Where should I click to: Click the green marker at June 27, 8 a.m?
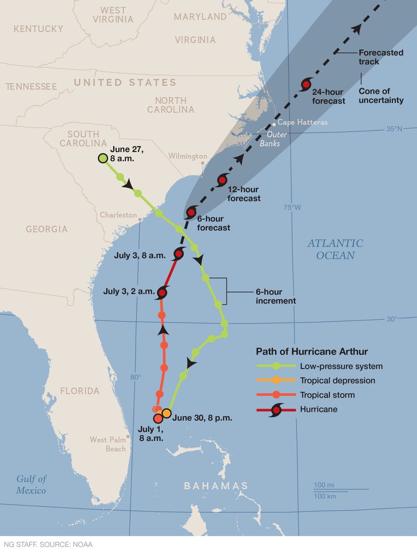click(103, 158)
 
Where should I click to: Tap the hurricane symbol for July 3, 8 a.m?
click(178, 254)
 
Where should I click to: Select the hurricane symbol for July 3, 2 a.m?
click(162, 293)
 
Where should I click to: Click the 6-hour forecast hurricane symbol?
click(191, 212)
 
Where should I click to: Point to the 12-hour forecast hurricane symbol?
click(222, 180)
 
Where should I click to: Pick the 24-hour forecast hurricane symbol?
click(306, 84)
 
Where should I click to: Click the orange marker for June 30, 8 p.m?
click(166, 413)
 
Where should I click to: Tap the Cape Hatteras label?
click(302, 122)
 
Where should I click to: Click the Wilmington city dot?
click(203, 163)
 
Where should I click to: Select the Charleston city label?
click(118, 215)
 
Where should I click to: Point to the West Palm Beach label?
click(108, 444)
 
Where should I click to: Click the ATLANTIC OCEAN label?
click(335, 249)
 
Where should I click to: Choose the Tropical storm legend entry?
click(327, 395)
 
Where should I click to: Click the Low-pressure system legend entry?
click(341, 366)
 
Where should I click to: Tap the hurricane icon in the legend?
click(276, 410)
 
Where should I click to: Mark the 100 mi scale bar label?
click(324, 485)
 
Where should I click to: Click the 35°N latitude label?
click(394, 129)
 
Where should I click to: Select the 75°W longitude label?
click(292, 208)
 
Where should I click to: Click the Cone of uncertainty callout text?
click(381, 96)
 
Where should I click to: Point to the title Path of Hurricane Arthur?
click(312, 351)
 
